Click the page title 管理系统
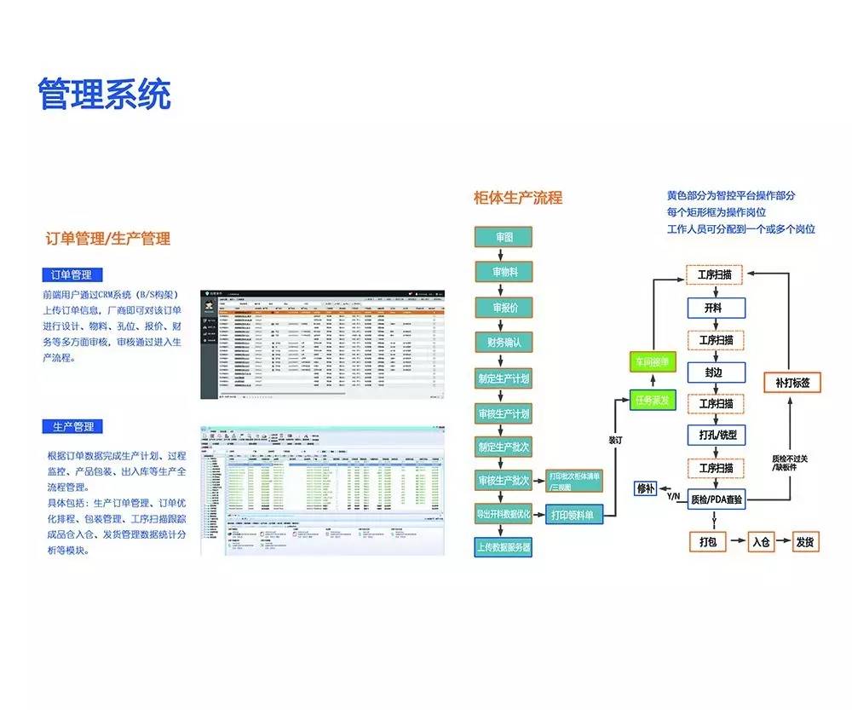click(x=104, y=94)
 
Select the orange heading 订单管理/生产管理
click(x=108, y=239)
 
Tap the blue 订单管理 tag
click(x=72, y=274)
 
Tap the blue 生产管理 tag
click(x=72, y=426)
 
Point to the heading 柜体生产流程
click(x=518, y=198)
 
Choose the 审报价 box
click(x=504, y=307)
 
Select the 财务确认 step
click(x=504, y=342)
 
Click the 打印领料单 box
click(x=573, y=515)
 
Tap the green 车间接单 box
click(x=653, y=361)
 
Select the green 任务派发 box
click(x=653, y=398)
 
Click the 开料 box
click(x=716, y=308)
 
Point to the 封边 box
click(x=716, y=372)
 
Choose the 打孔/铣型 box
click(x=716, y=435)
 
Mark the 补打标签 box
click(x=792, y=383)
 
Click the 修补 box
click(x=646, y=488)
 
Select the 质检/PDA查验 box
click(x=716, y=499)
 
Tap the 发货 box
click(x=804, y=541)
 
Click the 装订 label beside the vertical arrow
click(x=616, y=441)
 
